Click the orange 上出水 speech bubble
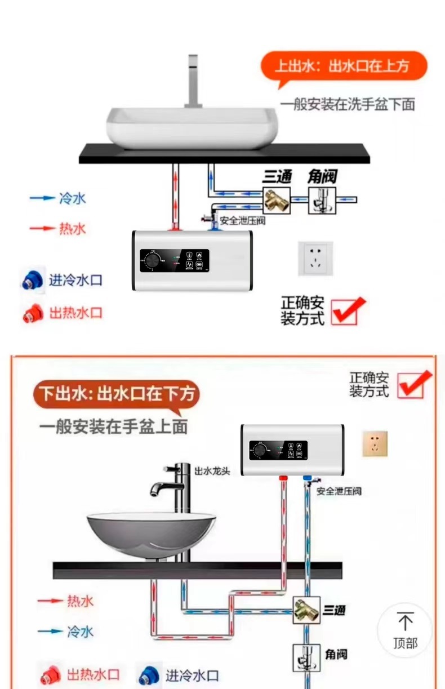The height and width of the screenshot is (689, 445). point(343,67)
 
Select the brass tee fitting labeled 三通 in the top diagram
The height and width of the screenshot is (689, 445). point(277,199)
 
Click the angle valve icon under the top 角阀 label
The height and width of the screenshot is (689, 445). point(322,201)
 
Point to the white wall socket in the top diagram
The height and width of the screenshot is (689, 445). point(315,259)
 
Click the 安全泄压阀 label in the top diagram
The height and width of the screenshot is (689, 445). point(242,220)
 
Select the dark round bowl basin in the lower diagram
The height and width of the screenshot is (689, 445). point(151,534)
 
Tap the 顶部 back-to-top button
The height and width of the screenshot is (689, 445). point(404,630)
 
